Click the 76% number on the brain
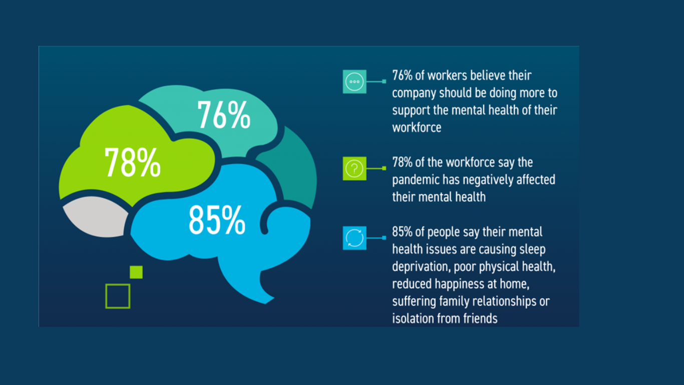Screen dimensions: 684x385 pos(224,115)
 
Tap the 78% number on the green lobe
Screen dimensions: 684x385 pos(132,162)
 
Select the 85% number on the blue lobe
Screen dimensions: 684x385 pos(217,220)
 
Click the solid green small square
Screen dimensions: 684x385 pos(136,272)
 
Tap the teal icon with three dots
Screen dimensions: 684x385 pos(355,82)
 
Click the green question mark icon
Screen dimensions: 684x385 pos(355,168)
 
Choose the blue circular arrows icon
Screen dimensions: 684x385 pos(355,238)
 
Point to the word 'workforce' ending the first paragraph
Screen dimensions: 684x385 pos(417,127)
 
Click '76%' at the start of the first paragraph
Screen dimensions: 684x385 pos(402,76)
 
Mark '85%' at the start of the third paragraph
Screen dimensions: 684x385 pos(402,232)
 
